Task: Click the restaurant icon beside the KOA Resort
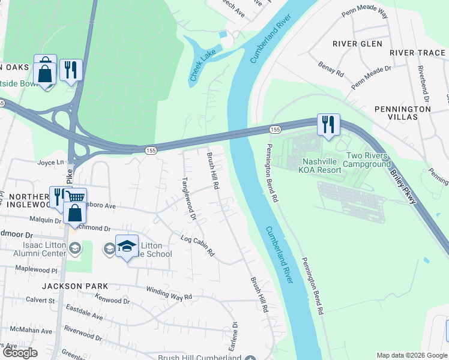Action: point(328,124)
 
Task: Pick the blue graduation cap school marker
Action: point(127,246)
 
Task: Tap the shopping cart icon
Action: point(76,196)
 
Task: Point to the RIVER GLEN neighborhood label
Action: point(357,44)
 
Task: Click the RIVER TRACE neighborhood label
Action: point(417,53)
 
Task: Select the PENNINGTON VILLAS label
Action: point(402,113)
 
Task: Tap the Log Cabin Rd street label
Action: point(197,246)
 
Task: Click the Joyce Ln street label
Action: point(50,162)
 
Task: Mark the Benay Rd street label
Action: point(331,69)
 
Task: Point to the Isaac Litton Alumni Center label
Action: point(36,249)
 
